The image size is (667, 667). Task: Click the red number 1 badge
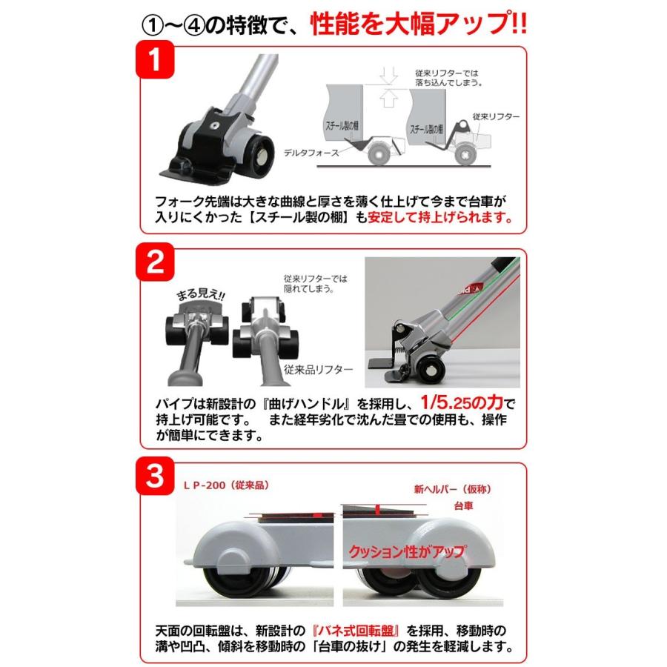[155, 59]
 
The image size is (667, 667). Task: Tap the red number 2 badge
[155, 262]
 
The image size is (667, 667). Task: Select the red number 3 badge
[155, 476]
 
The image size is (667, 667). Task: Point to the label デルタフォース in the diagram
[311, 153]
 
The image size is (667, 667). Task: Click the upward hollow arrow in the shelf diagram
[387, 98]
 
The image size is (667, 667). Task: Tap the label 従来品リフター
[318, 369]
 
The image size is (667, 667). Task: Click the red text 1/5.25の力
[462, 402]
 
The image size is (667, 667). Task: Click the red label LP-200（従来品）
[226, 485]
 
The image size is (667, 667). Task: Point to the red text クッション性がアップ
[407, 551]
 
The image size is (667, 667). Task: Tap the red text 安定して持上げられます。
[440, 217]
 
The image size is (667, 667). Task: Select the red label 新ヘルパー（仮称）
[453, 489]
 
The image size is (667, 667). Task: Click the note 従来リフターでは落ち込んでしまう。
[449, 78]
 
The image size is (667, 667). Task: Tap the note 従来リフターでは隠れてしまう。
[315, 284]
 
